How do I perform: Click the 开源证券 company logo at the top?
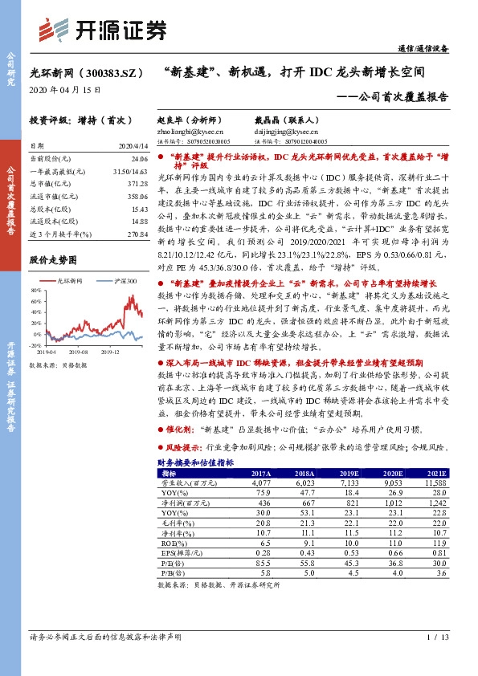click(x=104, y=29)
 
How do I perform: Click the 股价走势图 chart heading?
click(x=53, y=260)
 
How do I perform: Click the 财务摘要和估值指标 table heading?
click(x=194, y=463)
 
